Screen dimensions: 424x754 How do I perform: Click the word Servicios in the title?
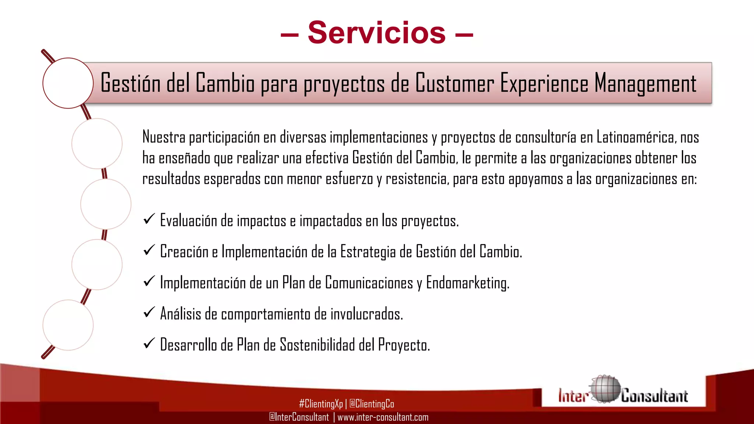[377, 33]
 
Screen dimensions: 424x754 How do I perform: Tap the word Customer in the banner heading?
[455, 83]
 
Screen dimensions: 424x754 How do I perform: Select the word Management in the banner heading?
[645, 83]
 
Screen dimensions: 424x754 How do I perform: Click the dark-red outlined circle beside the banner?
[68, 83]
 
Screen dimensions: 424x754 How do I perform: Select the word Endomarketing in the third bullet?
[468, 283]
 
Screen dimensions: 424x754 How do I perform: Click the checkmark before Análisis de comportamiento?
[149, 312]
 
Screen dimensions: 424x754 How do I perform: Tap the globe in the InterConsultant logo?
[604, 389]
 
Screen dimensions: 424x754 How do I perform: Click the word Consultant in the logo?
[654, 396]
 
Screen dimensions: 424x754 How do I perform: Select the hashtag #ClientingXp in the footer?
[321, 404]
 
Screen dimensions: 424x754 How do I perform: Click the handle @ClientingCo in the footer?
[371, 404]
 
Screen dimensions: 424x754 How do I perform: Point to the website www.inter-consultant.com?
[383, 417]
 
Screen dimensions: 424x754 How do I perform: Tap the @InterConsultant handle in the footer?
[299, 417]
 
